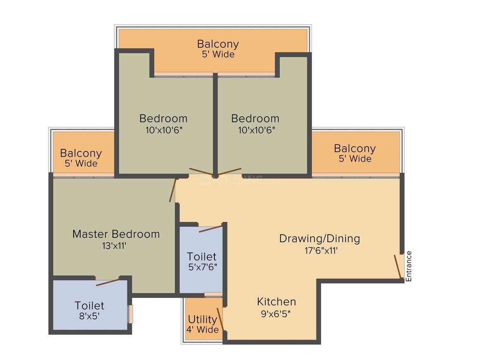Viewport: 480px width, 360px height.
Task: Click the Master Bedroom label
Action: pos(116,234)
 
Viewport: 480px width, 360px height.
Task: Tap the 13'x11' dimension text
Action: pos(114,246)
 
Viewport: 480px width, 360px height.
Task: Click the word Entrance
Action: pos(409,266)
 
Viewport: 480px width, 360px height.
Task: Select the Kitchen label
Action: pos(276,302)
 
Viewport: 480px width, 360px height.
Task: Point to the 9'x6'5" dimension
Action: pos(276,314)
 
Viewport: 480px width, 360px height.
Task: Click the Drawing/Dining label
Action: pos(319,239)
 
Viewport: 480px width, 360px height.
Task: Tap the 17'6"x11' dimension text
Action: pos(321,251)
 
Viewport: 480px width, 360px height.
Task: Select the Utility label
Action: pos(202,319)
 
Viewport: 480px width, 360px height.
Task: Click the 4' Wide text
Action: pos(203,330)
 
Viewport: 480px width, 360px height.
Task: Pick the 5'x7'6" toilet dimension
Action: pos(203,267)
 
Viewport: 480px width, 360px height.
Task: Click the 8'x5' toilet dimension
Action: pos(89,316)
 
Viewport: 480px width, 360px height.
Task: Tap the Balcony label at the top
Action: pos(218,44)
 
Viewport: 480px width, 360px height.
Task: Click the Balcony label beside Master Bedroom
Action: pos(81,153)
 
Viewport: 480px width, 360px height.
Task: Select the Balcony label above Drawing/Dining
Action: pos(355,149)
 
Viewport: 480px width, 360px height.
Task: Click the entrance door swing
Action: pos(397,267)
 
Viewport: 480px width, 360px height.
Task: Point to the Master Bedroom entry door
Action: pos(173,190)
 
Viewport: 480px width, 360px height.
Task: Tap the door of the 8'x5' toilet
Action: pos(108,282)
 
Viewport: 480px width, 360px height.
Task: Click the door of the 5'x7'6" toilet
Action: pos(211,229)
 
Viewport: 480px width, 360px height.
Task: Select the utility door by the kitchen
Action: pos(221,319)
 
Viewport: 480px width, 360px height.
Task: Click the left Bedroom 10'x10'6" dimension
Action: pos(164,130)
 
